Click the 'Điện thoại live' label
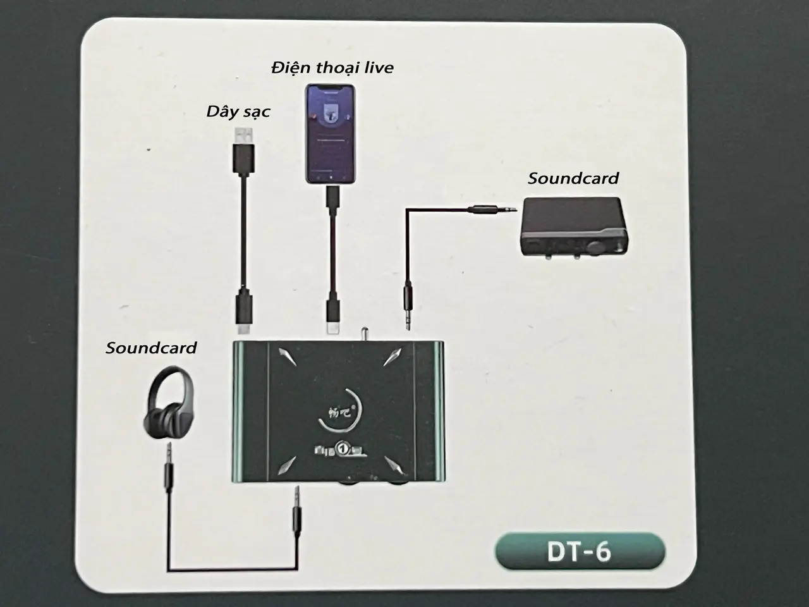click(332, 67)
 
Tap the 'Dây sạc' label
click(238, 111)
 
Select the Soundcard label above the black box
click(573, 178)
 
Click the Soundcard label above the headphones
click(151, 348)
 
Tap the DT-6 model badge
click(580, 552)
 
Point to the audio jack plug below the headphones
click(168, 465)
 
